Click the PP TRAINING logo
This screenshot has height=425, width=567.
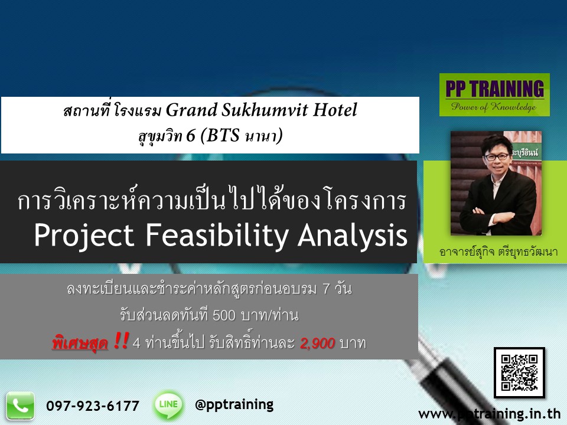[x=494, y=94]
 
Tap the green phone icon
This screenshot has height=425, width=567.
[x=20, y=406]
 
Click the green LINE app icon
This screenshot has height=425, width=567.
[x=168, y=405]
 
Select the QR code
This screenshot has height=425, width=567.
[x=519, y=372]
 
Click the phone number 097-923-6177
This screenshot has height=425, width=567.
[x=93, y=406]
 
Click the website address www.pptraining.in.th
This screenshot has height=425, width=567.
[x=489, y=413]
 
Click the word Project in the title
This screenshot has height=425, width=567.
[x=84, y=236]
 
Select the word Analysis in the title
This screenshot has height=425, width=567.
[x=353, y=236]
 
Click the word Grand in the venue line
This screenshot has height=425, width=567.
[x=191, y=110]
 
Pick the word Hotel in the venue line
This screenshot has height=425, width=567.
[x=334, y=110]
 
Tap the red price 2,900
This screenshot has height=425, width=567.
[x=318, y=343]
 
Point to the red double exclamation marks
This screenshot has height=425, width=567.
[x=120, y=341]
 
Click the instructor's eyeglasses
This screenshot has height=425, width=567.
[x=497, y=157]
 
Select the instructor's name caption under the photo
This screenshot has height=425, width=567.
[x=498, y=251]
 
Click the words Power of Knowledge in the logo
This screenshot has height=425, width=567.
[x=494, y=107]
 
